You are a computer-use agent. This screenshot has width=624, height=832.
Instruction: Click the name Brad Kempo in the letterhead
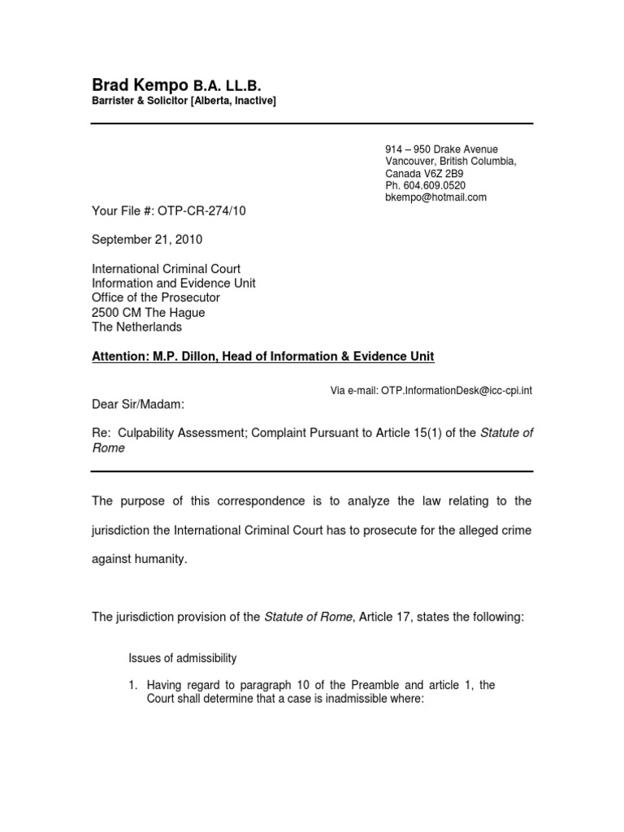[140, 85]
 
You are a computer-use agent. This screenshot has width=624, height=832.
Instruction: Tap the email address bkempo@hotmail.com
[435, 197]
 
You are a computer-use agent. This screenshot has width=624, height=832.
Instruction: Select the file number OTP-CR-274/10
[199, 211]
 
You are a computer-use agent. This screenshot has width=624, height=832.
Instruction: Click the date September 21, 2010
[147, 240]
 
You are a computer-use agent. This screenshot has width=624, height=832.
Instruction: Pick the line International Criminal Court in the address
[166, 269]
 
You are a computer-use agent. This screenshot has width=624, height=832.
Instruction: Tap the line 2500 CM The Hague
[148, 313]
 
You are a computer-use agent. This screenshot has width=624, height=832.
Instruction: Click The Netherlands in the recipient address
[136, 327]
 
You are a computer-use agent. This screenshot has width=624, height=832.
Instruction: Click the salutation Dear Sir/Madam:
[143, 404]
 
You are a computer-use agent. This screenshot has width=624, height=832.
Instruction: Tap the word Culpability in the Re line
[143, 433]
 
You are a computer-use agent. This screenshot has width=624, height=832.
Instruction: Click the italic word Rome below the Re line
[108, 448]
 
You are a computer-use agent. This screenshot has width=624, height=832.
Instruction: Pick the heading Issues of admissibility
[183, 658]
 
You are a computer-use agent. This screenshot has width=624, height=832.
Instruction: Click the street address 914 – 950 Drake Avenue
[441, 149]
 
